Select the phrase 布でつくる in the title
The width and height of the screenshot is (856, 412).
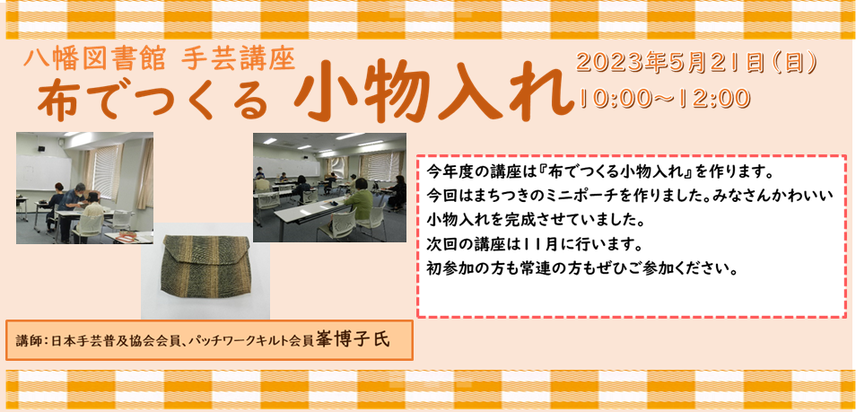coord(154,101)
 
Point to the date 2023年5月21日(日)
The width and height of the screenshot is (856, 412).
coord(696,64)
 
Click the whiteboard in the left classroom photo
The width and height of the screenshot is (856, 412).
coord(44,172)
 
